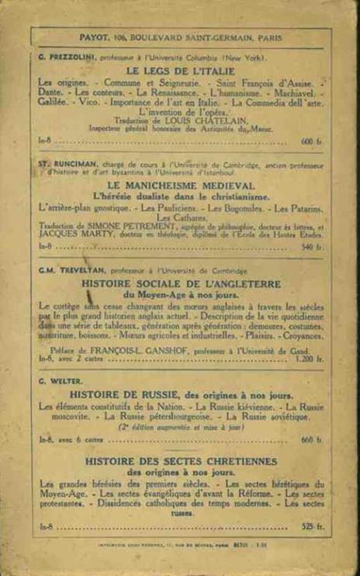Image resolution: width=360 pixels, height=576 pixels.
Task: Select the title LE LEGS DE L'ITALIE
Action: pyautogui.click(x=180, y=70)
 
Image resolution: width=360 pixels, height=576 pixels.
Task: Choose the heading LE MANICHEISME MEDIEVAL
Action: pyautogui.click(x=180, y=187)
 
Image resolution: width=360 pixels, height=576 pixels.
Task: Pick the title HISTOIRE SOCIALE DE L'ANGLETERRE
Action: pyautogui.click(x=180, y=284)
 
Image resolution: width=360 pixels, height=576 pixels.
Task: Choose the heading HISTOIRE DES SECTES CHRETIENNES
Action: pyautogui.click(x=180, y=462)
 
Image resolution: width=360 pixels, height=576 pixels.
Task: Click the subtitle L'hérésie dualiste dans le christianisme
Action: pyautogui.click(x=180, y=197)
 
